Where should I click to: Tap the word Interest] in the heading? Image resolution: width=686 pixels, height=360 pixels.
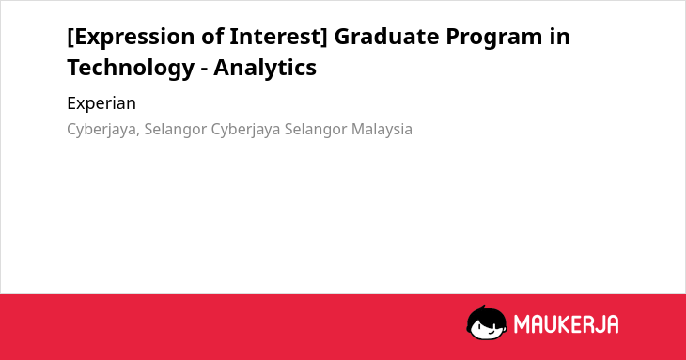pyautogui.click(x=278, y=37)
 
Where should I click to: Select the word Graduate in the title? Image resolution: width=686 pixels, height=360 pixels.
pyautogui.click(x=386, y=37)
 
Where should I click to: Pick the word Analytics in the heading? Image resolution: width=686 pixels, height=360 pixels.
pyautogui.click(x=265, y=69)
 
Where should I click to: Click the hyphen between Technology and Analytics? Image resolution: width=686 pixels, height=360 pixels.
pyautogui.click(x=204, y=70)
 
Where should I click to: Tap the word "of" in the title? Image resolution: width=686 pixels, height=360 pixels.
pyautogui.click(x=212, y=37)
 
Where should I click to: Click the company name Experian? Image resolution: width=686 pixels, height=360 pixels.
pyautogui.click(x=101, y=103)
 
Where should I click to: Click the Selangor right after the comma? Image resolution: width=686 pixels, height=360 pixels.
pyautogui.click(x=176, y=130)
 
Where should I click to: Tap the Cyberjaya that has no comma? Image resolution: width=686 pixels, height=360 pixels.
pyautogui.click(x=245, y=130)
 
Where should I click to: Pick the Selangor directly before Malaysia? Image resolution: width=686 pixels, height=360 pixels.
pyautogui.click(x=316, y=130)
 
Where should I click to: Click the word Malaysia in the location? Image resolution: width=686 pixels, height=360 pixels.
pyautogui.click(x=382, y=130)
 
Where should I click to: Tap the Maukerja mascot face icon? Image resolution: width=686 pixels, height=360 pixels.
pyautogui.click(x=487, y=323)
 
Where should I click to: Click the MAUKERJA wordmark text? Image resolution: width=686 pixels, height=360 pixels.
pyautogui.click(x=566, y=324)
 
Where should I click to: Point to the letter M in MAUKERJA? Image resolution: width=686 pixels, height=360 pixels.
pyautogui.click(x=522, y=324)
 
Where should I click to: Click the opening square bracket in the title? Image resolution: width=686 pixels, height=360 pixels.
pyautogui.click(x=70, y=38)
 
